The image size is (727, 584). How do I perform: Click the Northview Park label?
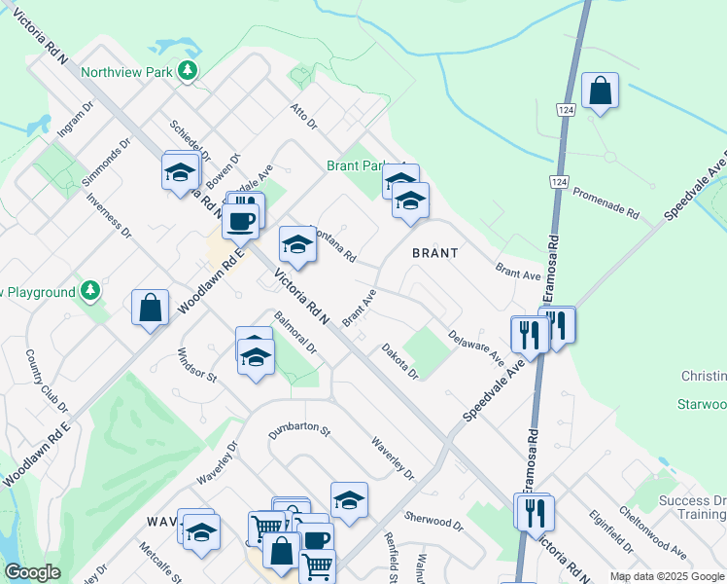125,71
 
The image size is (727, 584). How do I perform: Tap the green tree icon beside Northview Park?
188,71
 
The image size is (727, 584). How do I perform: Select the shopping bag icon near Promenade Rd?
601,91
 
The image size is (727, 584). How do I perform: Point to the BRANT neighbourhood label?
434,252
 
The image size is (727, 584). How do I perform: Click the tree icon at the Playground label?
89,291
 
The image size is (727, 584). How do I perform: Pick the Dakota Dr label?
399,361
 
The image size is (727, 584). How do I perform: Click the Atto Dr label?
304,115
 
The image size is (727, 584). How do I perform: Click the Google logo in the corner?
32,572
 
